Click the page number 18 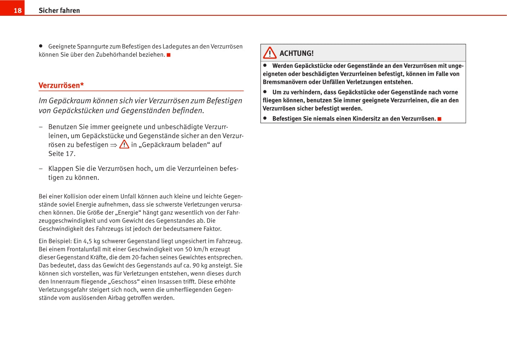tap(17, 11)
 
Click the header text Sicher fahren tap(59, 11)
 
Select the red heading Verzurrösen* tap(61, 85)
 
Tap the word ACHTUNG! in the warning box tap(296, 53)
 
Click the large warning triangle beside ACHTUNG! tap(269, 53)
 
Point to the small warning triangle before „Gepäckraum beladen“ tap(124, 144)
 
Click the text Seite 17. tap(62, 154)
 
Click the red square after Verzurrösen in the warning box tap(439, 118)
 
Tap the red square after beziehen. tap(169, 55)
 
